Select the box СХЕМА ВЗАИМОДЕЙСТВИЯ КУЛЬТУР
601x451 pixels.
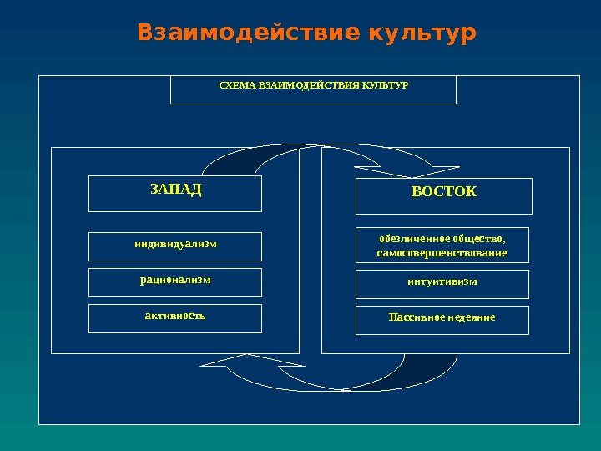313,89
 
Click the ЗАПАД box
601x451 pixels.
175,193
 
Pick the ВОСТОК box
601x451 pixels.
443,196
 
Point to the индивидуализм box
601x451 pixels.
175,246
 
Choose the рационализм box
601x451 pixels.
175,282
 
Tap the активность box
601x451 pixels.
175,318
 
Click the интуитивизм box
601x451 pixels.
442,284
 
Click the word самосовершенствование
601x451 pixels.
442,253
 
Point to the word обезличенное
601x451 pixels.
412,237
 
